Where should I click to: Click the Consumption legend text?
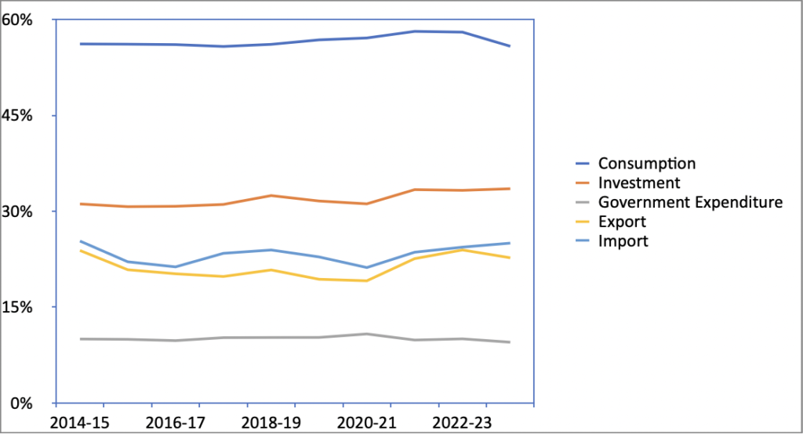pyautogui.click(x=647, y=164)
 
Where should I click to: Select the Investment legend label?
pyautogui.click(x=639, y=183)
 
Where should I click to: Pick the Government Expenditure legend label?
pyautogui.click(x=690, y=202)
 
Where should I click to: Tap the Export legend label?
pyautogui.click(x=622, y=222)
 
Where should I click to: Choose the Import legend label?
pyautogui.click(x=623, y=241)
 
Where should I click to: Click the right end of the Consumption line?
pyautogui.click(x=510, y=46)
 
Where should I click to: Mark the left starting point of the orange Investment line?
pyautogui.click(x=80, y=204)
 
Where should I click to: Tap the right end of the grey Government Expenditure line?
pyautogui.click(x=510, y=342)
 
